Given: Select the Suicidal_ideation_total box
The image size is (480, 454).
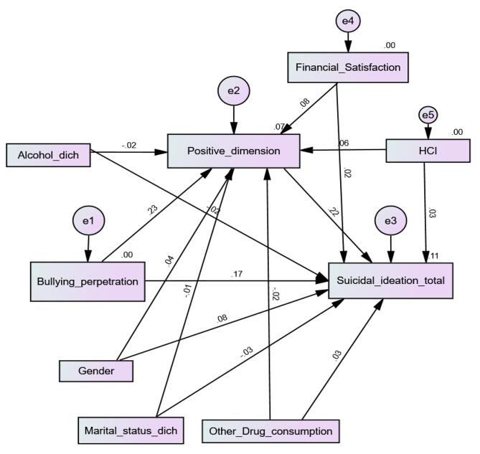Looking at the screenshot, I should point(390,280).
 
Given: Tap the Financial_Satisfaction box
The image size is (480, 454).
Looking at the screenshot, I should point(348,67).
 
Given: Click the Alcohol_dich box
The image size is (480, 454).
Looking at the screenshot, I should point(49,154).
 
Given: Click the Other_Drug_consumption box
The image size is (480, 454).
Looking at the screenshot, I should point(270,431).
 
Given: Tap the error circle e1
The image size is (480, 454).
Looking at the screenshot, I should point(88,222).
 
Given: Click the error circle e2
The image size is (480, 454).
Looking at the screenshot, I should point(233,91).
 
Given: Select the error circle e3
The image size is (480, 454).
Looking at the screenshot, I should point(390,222).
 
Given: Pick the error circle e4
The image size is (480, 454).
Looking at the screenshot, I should point(347,22).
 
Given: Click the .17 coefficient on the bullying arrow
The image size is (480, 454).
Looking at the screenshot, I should point(237,273).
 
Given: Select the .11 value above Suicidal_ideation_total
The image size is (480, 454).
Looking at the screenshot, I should point(434,255).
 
